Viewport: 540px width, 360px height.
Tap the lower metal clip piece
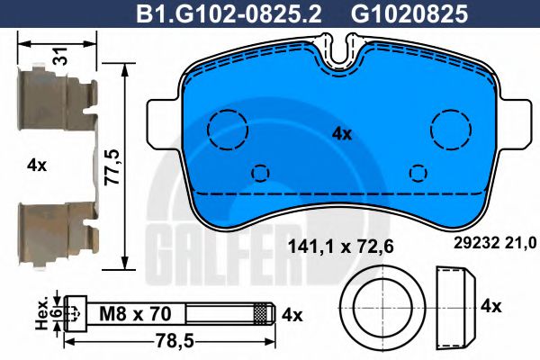(x=54, y=229)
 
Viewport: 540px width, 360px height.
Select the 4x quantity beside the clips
(x=36, y=165)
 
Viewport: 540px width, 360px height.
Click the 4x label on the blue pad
(x=341, y=133)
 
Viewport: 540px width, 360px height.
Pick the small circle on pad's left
(x=261, y=172)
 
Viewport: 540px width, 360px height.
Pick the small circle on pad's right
(x=418, y=172)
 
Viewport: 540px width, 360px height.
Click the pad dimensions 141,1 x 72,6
(x=339, y=244)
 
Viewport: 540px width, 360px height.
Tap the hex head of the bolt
(x=75, y=314)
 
